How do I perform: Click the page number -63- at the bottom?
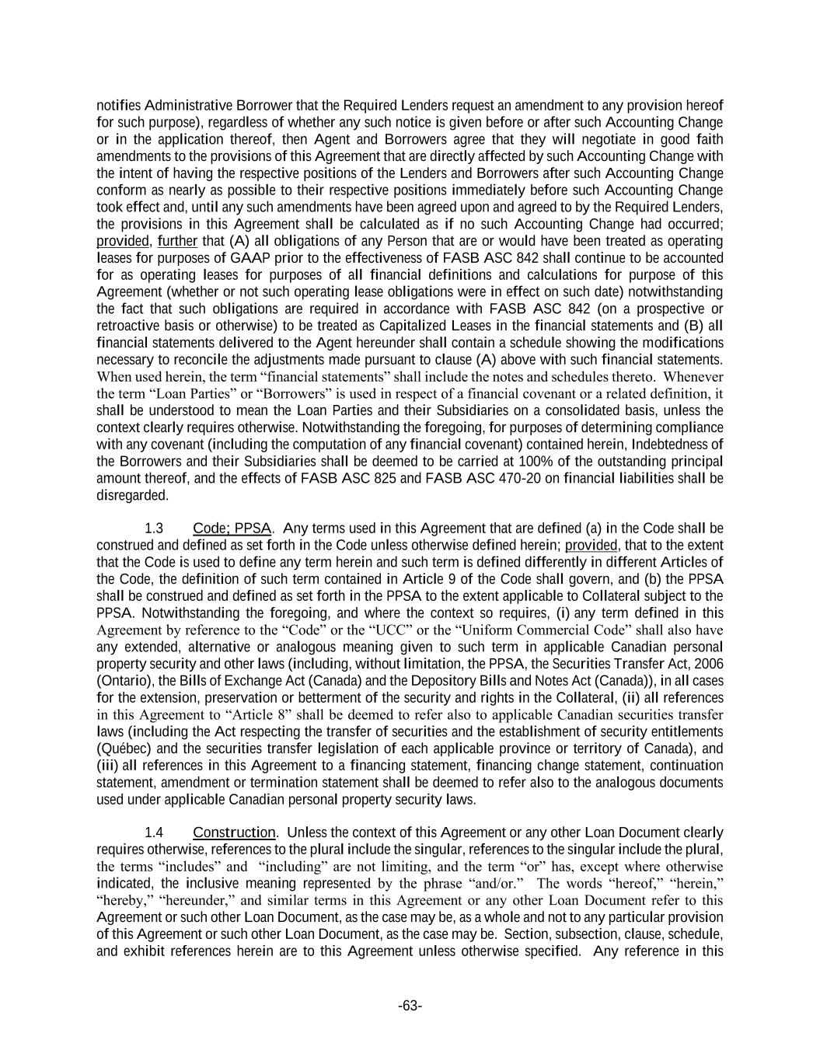point(410,1007)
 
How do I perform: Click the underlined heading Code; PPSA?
point(232,529)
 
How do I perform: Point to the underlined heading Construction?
point(234,832)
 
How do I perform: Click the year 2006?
point(708,664)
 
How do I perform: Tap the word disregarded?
point(132,496)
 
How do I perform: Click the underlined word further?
point(178,241)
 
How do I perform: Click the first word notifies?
point(118,106)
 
